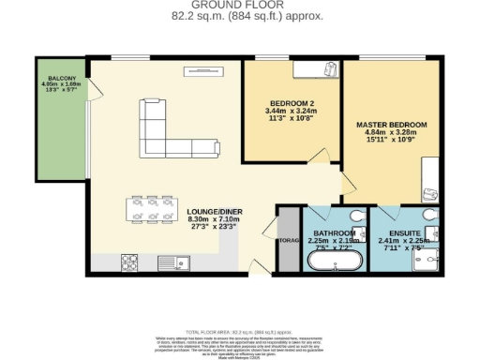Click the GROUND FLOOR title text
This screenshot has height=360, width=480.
(x=241, y=6)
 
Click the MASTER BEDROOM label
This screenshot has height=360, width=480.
(x=391, y=124)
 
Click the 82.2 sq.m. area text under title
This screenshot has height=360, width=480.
(x=240, y=16)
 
